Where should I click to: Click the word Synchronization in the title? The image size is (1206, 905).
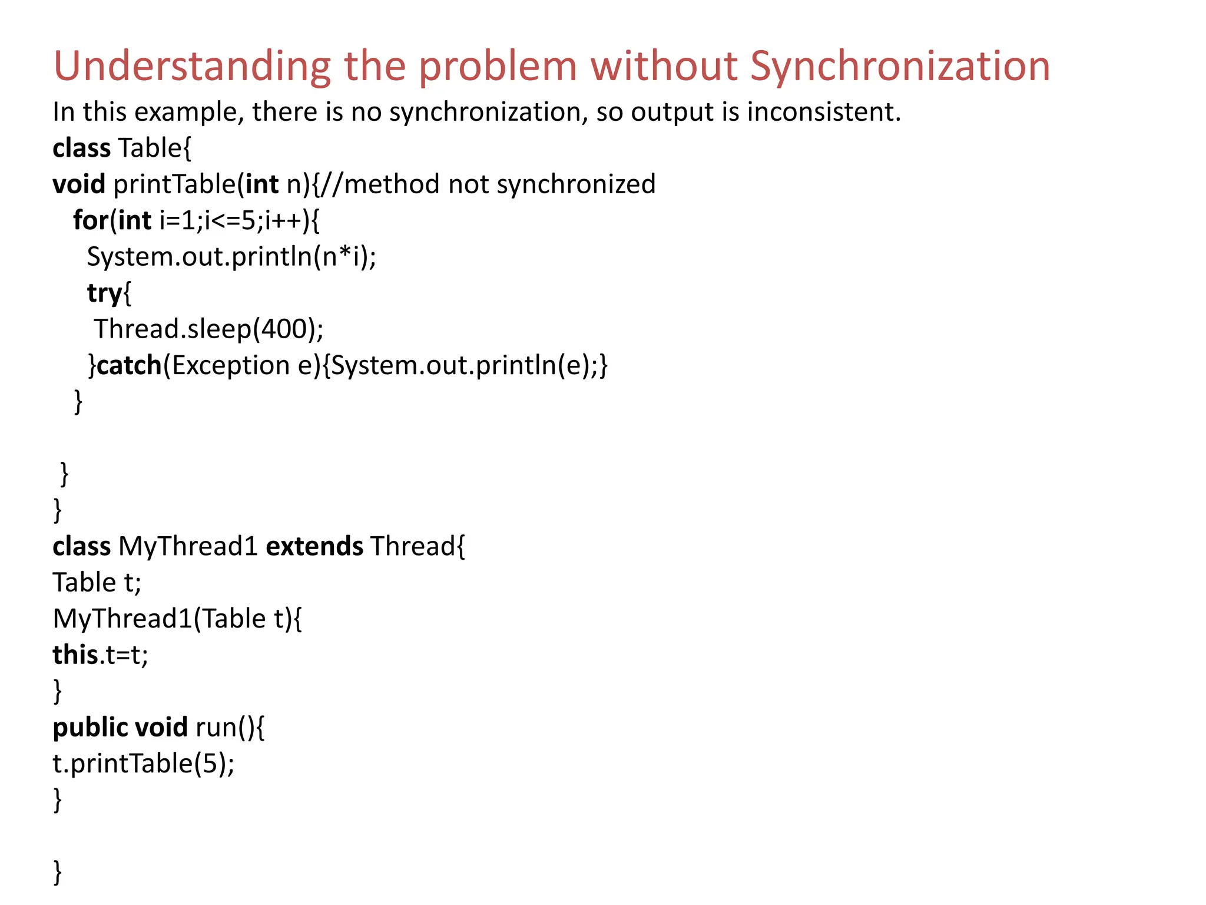900,66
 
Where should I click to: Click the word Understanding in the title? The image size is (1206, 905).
192,66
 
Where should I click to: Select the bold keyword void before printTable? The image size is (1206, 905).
78,184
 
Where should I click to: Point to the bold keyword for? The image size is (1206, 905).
90,220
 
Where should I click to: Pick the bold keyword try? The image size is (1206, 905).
104,293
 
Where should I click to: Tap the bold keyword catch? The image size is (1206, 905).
129,365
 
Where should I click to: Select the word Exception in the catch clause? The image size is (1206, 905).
231,365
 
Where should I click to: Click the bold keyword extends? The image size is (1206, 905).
314,546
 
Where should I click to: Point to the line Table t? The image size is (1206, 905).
97,583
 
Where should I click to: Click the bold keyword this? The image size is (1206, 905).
75,655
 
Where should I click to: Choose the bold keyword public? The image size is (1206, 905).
90,728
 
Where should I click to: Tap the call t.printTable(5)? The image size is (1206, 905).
143,764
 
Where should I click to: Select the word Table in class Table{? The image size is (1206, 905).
150,148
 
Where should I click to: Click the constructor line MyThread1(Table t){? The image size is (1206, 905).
177,619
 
